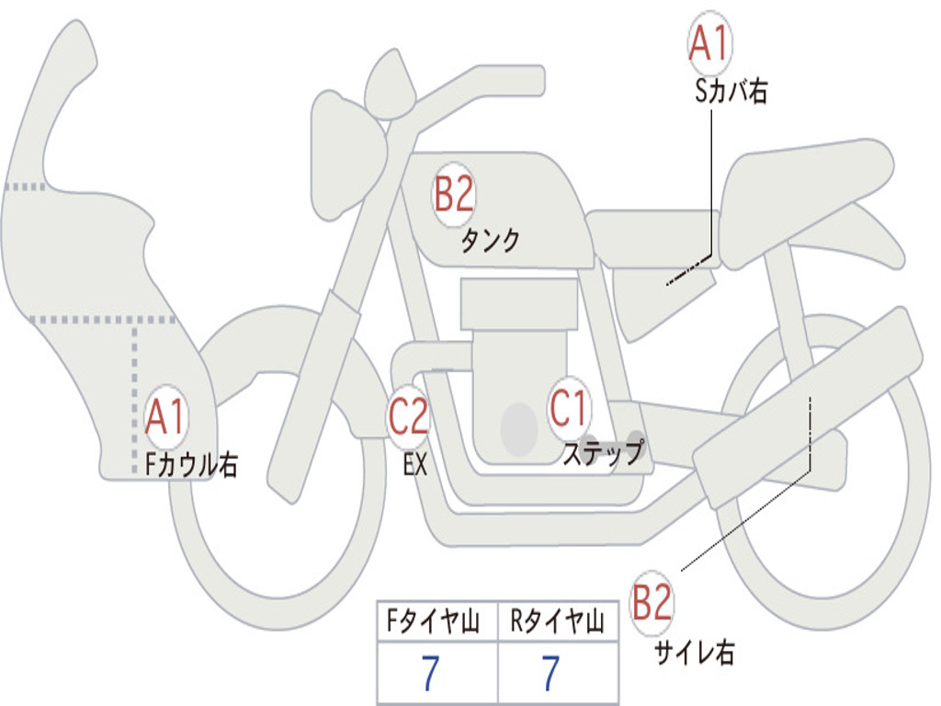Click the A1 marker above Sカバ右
tap(709, 44)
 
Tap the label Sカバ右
tap(731, 92)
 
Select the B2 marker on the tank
tap(454, 196)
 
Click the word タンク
tap(490, 240)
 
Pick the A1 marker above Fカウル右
tap(166, 417)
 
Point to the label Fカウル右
tap(192, 465)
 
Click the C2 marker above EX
tap(408, 416)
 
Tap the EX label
tap(415, 465)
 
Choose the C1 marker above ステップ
tap(569, 409)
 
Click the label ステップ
tap(603, 453)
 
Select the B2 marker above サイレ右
tap(652, 605)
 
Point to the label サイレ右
tap(695, 654)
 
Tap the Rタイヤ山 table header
tap(557, 622)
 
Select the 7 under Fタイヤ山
tap(429, 674)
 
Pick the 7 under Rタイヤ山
tap(550, 674)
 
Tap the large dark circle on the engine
tap(519, 428)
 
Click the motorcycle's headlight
tap(346, 152)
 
